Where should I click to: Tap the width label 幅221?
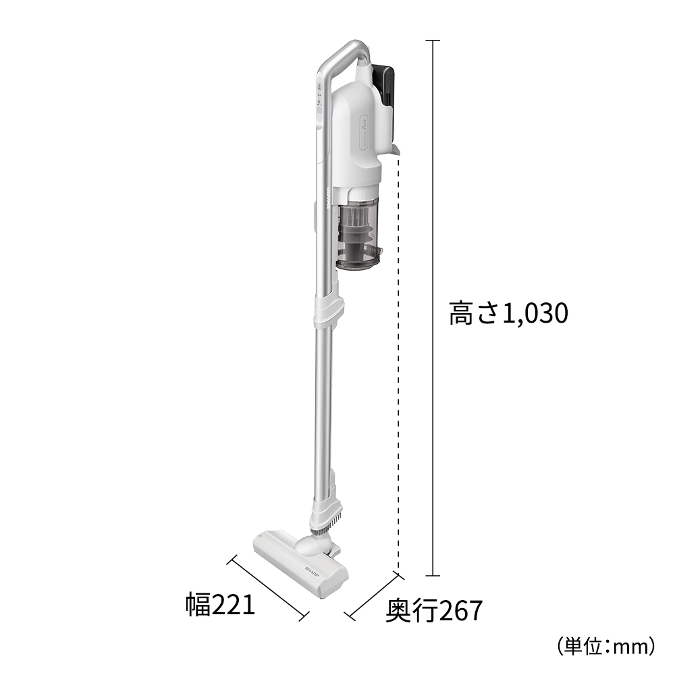coord(221,604)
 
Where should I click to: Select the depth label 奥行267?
coord(434,611)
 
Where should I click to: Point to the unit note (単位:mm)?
coord(605,647)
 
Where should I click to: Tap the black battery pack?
coord(387,85)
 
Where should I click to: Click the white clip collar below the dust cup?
coord(329,308)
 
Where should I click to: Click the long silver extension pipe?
coord(322,405)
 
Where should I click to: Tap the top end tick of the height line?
coord(433,40)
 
